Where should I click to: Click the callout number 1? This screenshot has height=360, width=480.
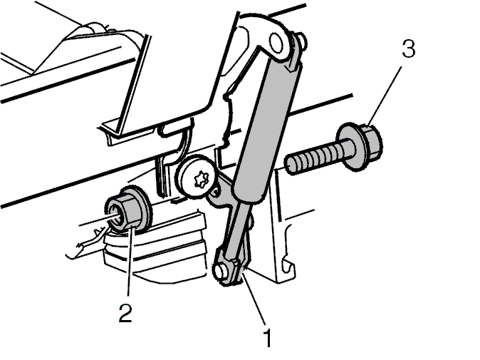[x=268, y=337]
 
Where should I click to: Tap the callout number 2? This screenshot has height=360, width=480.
[x=125, y=312]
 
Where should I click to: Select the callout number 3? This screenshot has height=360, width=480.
[x=409, y=48]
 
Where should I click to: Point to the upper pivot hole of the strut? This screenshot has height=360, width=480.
[x=276, y=42]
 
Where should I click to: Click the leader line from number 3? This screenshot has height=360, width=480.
[x=385, y=96]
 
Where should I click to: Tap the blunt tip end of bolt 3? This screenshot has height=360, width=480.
[x=290, y=165]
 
